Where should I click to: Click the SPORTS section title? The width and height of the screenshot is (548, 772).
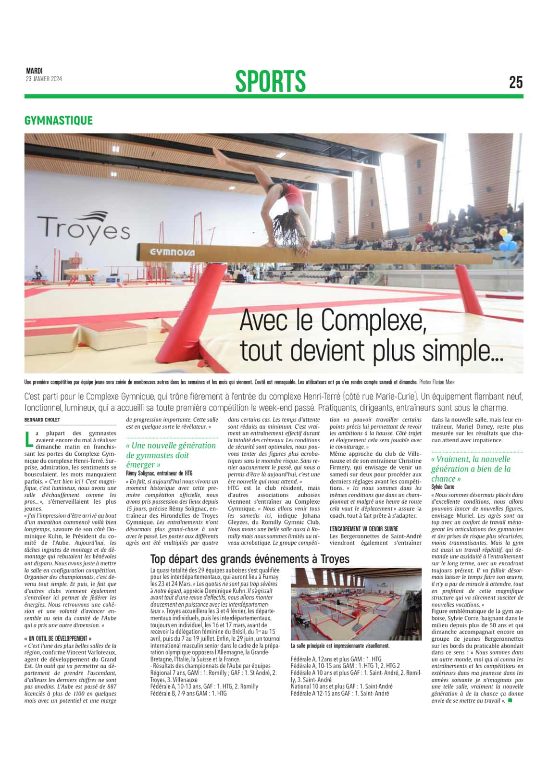click(270, 81)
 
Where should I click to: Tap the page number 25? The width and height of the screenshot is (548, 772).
click(515, 82)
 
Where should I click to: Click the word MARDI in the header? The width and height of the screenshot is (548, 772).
click(34, 71)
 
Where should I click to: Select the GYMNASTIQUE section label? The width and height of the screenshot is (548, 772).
click(58, 120)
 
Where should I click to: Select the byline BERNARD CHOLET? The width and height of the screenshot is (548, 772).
click(42, 420)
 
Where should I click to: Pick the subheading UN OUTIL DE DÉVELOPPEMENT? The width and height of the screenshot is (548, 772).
click(57, 638)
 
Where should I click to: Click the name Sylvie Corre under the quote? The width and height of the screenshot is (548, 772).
click(442, 487)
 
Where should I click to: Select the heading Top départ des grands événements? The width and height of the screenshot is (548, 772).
click(250, 559)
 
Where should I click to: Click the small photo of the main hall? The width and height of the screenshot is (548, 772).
click(356, 603)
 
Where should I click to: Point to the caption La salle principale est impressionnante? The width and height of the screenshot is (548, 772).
click(340, 646)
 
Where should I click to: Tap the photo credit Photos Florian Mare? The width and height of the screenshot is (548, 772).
click(436, 382)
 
